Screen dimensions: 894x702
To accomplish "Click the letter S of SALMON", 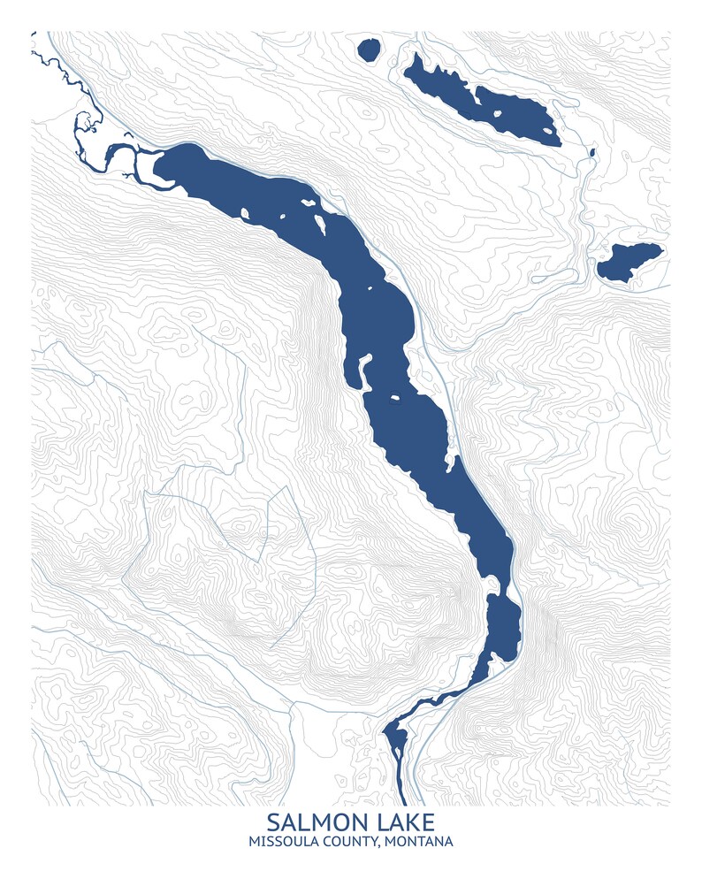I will tap(273, 823).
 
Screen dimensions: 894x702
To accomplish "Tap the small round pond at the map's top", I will tap(369, 50).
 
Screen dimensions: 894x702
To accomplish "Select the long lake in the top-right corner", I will tap(482, 99).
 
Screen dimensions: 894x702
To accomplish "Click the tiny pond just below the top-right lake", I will tap(591, 156).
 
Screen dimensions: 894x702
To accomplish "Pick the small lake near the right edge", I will tap(629, 262).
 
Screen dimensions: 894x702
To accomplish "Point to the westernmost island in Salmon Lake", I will tap(245, 212).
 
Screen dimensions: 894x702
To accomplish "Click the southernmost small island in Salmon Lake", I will tap(394, 398).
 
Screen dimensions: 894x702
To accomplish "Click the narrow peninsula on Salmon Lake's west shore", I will tap(362, 371).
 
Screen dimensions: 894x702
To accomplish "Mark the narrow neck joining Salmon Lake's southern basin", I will tap(492, 588).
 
